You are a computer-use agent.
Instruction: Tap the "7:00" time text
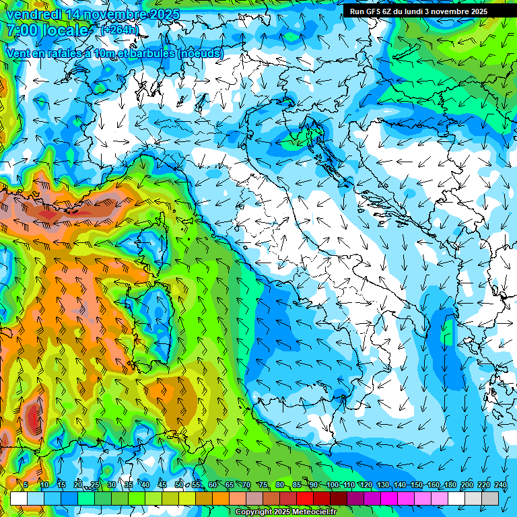point(22,30)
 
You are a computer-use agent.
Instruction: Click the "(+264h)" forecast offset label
point(120,30)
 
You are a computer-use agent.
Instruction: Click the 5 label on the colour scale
point(26,485)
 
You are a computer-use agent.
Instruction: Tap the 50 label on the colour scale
point(179,485)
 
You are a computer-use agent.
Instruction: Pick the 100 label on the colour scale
point(333,485)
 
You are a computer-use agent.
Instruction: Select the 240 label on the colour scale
point(501,485)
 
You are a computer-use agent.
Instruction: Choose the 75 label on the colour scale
point(263,485)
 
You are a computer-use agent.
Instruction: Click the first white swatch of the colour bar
point(19,498)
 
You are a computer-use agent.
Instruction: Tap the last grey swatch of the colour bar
point(490,498)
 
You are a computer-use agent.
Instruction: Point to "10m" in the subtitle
point(105,53)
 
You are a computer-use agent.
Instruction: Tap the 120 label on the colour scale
point(366,485)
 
